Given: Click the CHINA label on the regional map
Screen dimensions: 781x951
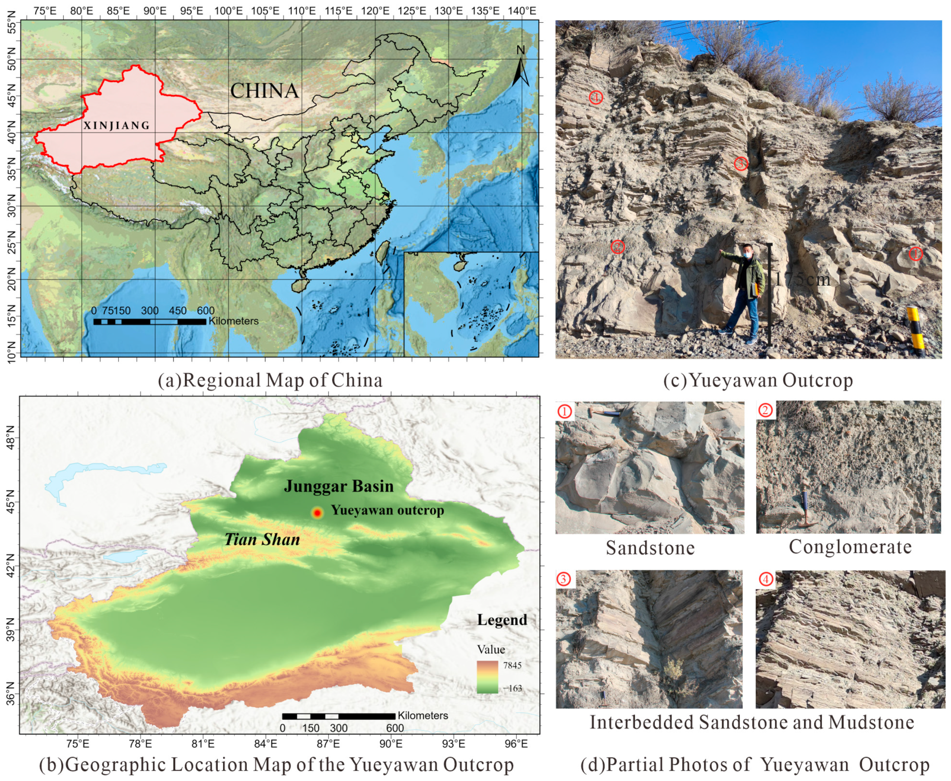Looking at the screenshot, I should pyautogui.click(x=265, y=91).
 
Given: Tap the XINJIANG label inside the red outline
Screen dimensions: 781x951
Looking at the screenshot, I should pyautogui.click(x=116, y=125).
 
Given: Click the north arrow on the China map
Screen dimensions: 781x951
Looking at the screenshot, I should pyautogui.click(x=520, y=68).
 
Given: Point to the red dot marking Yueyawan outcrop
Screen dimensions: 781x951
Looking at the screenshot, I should pyautogui.click(x=317, y=513).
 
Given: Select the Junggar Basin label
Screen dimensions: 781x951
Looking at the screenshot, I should pyautogui.click(x=338, y=486).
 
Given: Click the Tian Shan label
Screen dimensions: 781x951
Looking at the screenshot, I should pyautogui.click(x=262, y=539).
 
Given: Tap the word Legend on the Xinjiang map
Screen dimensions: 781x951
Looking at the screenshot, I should pyautogui.click(x=502, y=620).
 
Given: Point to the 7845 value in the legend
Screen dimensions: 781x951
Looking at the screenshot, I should pyautogui.click(x=512, y=666).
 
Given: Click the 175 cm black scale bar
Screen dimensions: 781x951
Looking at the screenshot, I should pyautogui.click(x=769, y=295).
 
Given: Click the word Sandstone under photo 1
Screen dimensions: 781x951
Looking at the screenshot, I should pyautogui.click(x=650, y=548).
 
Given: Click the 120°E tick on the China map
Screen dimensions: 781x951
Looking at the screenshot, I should pyautogui.click(x=375, y=10).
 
